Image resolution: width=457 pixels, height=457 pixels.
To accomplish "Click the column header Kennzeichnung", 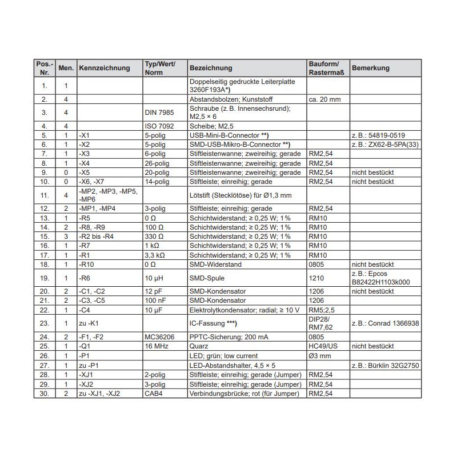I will pos(105,68).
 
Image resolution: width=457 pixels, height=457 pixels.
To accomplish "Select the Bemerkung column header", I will pos(371,68).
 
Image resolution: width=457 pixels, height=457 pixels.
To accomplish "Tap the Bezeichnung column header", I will pos(211,68).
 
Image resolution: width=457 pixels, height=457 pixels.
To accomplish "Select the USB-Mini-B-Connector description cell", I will pos(228,135).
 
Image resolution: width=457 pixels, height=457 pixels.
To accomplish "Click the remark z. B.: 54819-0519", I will pos(379,135).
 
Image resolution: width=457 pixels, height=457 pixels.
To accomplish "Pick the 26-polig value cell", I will pos(157,163).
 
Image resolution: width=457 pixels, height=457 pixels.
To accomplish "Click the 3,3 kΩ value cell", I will pos(155,255).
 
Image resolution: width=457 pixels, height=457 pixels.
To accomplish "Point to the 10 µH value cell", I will pos(154,278).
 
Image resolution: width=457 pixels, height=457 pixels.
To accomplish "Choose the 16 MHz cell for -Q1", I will pos(157,346).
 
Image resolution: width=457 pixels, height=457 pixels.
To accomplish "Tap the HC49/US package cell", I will pos(323,346).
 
